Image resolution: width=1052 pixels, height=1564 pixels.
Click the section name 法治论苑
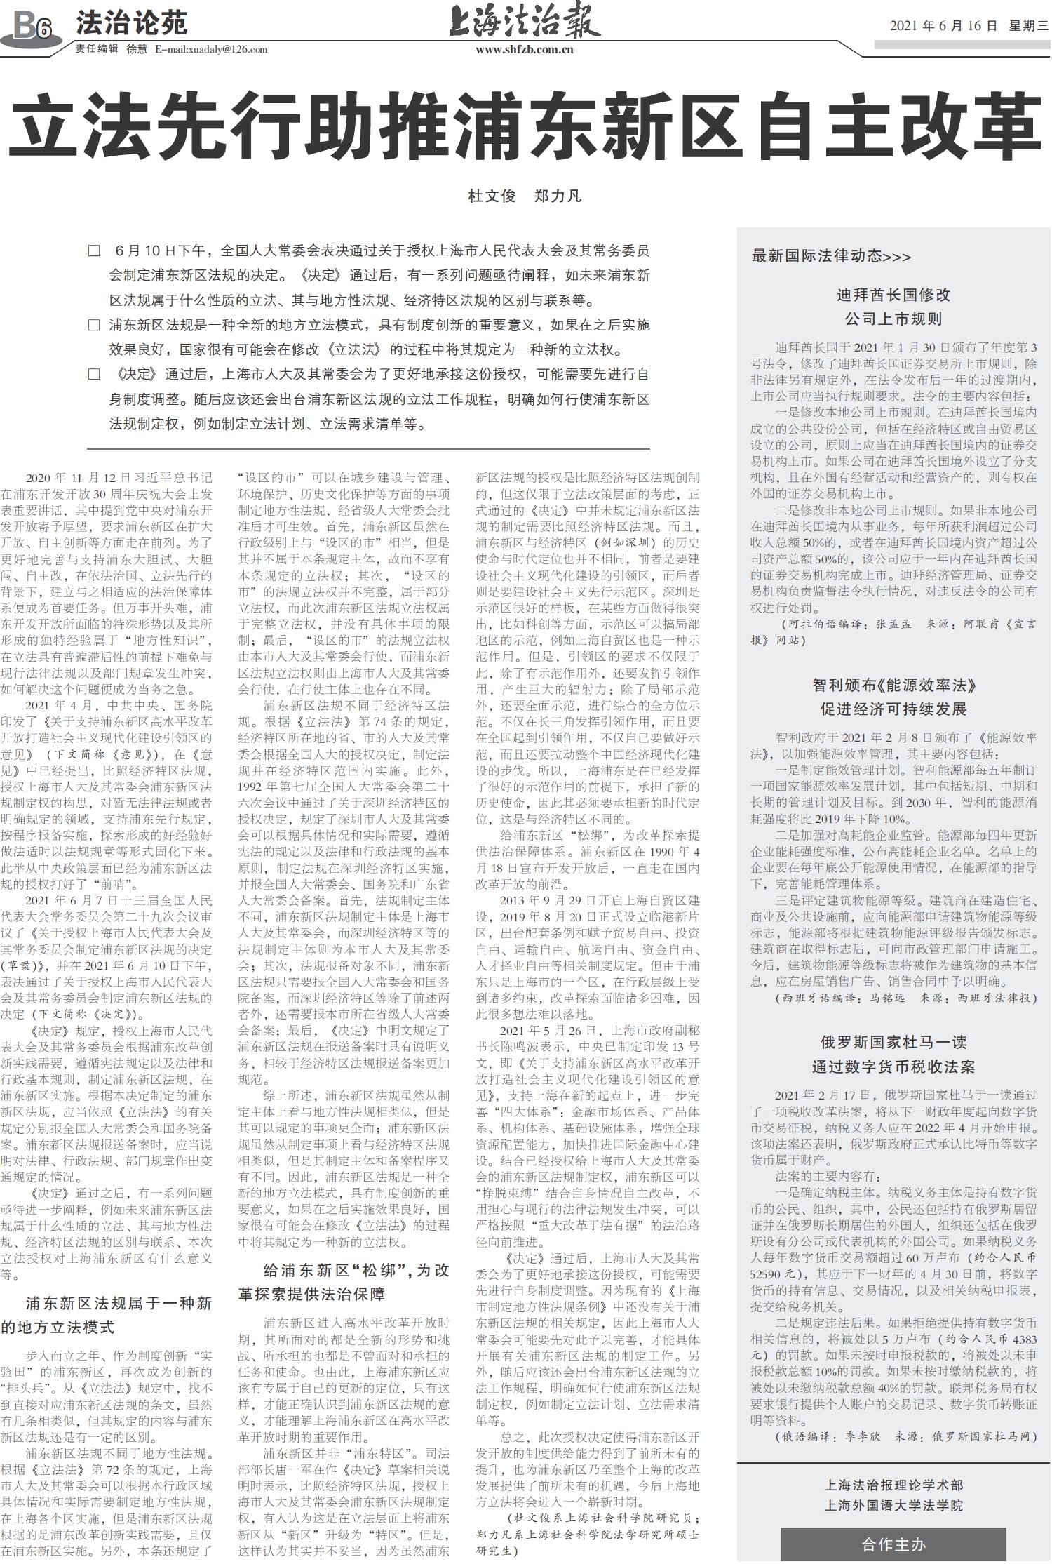131,23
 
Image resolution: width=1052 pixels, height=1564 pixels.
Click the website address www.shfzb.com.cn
525,49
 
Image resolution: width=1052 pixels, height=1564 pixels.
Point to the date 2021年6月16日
943,26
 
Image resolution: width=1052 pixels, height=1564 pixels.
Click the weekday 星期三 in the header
1028,26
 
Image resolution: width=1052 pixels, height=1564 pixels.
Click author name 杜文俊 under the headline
492,196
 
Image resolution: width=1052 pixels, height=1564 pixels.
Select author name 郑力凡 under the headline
558,196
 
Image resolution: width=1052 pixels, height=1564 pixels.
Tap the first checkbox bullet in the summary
94,250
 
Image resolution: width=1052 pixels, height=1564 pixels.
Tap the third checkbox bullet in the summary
94,374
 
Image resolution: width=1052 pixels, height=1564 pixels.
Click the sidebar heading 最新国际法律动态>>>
831,256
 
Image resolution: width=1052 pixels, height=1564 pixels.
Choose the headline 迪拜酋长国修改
893,295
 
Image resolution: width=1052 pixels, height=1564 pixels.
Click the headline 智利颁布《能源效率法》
893,685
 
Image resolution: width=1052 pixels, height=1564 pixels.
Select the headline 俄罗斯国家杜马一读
893,1042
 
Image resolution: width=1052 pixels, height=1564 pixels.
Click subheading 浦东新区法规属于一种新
119,1303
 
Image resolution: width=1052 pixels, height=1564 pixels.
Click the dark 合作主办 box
893,1544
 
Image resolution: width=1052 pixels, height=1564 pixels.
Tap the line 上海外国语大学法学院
893,1505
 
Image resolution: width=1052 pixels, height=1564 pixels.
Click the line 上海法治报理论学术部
893,1485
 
